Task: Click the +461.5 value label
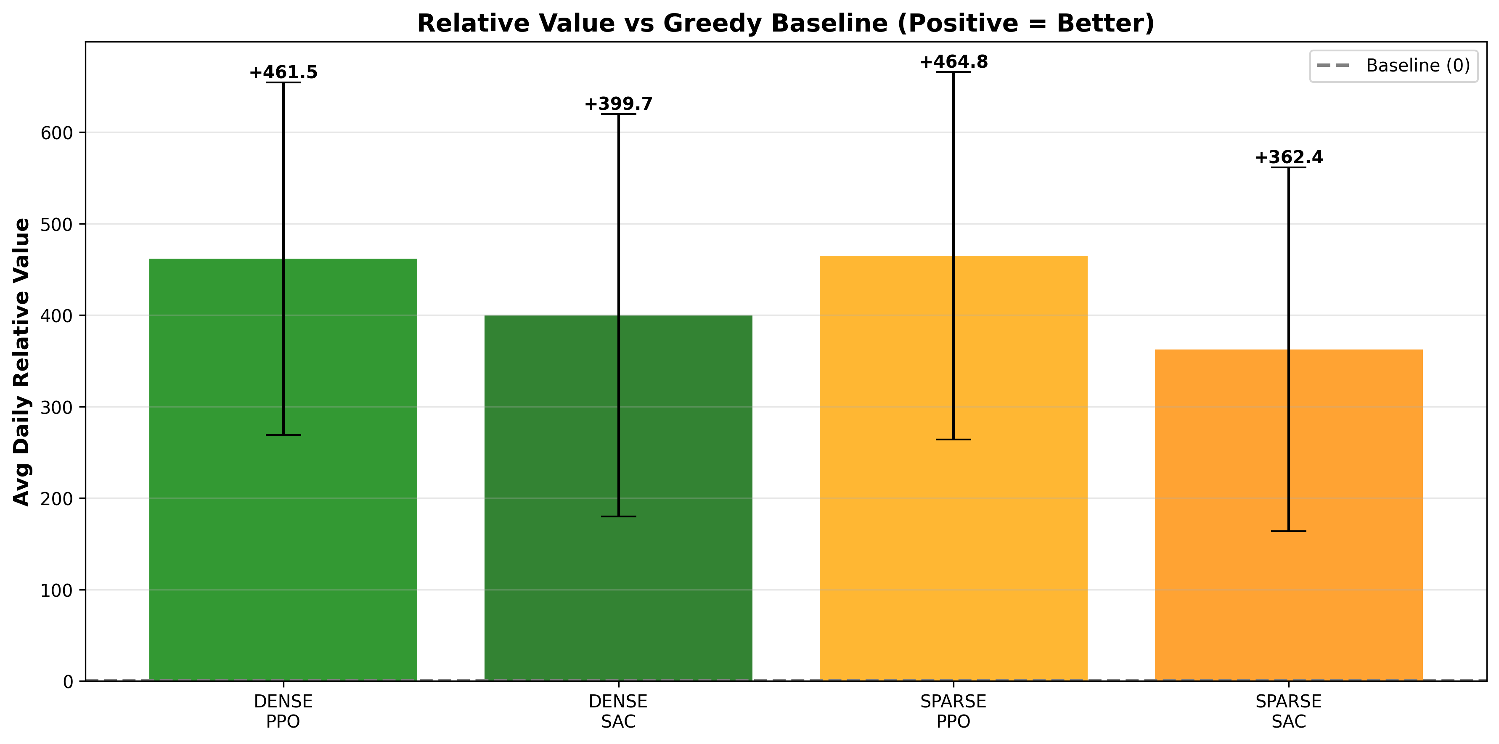point(283,72)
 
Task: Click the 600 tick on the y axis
point(56,133)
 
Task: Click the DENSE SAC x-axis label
point(618,711)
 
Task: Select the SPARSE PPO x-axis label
point(953,711)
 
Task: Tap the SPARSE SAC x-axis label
point(1288,711)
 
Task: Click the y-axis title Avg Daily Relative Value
point(21,362)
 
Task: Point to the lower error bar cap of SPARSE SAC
point(1288,531)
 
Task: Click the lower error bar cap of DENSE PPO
point(283,434)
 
